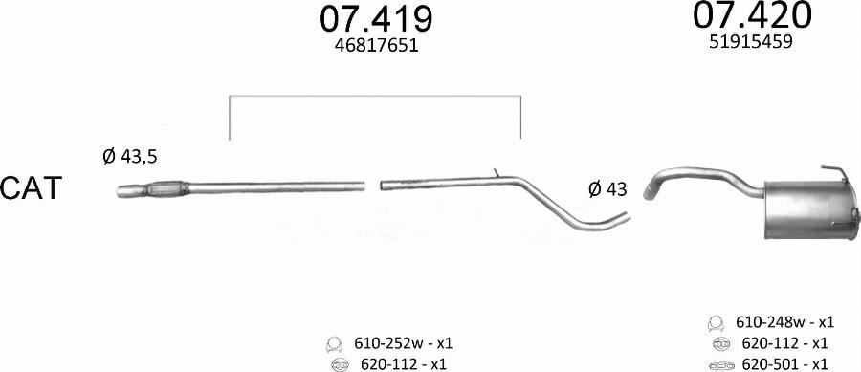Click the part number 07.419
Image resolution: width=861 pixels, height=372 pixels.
(x=376, y=19)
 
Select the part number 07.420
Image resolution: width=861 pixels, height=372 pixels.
(x=751, y=14)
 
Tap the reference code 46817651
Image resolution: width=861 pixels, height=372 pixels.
(x=376, y=45)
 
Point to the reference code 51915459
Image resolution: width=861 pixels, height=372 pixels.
(x=751, y=42)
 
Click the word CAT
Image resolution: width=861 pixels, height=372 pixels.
(x=31, y=188)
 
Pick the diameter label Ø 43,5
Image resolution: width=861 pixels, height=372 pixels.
(x=129, y=157)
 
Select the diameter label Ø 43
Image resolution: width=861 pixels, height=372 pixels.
(x=607, y=189)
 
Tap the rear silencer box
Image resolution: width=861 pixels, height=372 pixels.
(x=811, y=210)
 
